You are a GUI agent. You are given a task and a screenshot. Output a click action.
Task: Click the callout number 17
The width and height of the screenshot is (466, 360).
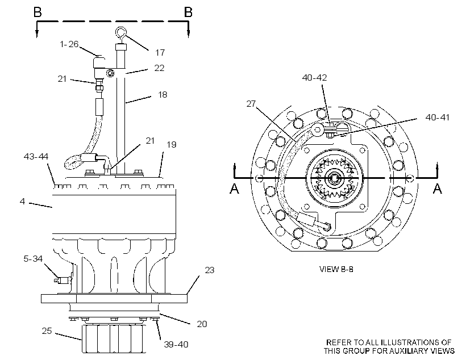point(160,53)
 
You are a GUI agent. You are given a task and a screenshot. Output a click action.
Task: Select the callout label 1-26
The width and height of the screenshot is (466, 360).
point(69,44)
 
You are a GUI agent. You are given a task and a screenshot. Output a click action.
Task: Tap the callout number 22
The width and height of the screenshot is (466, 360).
point(159,68)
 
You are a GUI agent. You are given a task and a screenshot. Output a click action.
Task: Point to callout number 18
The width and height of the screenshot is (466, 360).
point(163,95)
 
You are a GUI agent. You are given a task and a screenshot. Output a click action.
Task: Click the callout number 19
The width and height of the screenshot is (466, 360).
point(172,145)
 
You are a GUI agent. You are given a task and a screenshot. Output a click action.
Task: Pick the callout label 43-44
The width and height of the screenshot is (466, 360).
point(36,157)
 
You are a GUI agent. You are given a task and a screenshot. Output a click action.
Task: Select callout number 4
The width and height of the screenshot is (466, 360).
point(22,202)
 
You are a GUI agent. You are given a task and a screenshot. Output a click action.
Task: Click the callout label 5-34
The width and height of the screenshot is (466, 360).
point(33,259)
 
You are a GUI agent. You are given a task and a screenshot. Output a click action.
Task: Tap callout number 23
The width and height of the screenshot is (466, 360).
point(210,270)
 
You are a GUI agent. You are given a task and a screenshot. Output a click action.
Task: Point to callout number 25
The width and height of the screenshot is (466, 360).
point(47,331)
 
